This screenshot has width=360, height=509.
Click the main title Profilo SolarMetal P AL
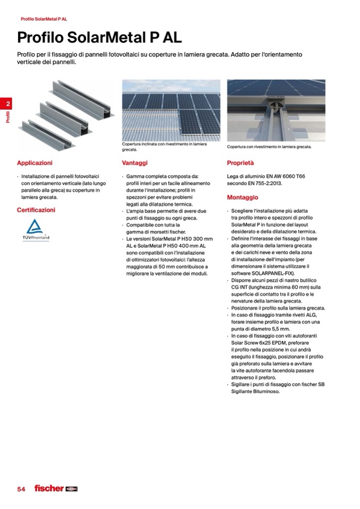pos(99,38)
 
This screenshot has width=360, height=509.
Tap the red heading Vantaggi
pos(134,163)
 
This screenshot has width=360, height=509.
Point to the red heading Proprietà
pos(241,163)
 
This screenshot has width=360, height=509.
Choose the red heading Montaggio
pos(242,197)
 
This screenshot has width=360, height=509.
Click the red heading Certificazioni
pos(36,210)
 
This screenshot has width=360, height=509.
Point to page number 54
pos(21,489)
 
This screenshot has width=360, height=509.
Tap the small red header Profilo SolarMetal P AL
pos(44,19)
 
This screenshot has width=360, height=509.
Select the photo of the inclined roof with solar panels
pos(171,110)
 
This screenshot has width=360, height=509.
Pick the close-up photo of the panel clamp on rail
pos(276,110)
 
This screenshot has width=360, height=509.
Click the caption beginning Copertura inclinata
pos(164,146)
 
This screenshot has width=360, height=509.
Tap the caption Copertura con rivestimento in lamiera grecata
pos(269,147)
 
